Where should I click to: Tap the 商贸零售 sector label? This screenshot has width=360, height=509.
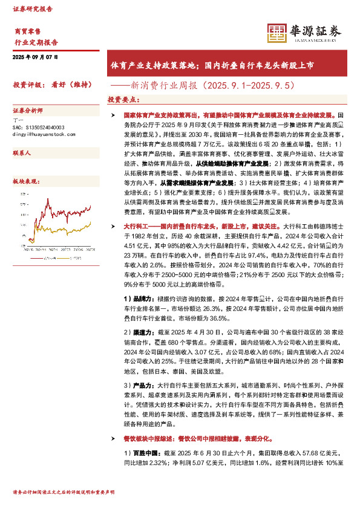pyautogui.click(x=27, y=30)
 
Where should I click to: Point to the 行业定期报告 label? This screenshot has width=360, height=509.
pyautogui.click(x=36, y=42)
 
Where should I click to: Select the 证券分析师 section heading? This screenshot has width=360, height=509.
pyautogui.click(x=28, y=111)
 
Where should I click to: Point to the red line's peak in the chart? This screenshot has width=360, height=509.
pyautogui.click(x=90, y=206)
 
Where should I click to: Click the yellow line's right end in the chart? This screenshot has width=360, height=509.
pyautogui.click(x=90, y=223)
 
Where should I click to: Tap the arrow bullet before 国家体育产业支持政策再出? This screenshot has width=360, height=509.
pyautogui.click(x=111, y=114)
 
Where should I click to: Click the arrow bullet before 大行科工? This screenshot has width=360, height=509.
pyautogui.click(x=111, y=225)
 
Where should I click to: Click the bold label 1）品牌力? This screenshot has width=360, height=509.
pyautogui.click(x=138, y=298)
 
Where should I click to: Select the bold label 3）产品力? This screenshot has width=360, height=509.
pyautogui.click(x=138, y=384)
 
